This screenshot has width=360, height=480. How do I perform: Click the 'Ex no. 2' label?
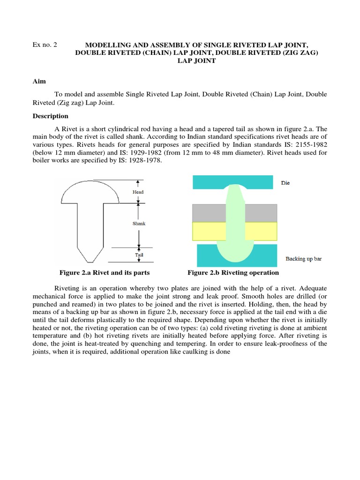tap(45, 45)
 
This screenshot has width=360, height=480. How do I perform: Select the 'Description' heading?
tap(50, 116)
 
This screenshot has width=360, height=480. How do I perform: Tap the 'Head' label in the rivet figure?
tap(138, 192)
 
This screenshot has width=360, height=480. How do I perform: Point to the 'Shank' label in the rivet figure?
tap(139, 224)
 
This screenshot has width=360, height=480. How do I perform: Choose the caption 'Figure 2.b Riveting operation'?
tap(233, 273)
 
